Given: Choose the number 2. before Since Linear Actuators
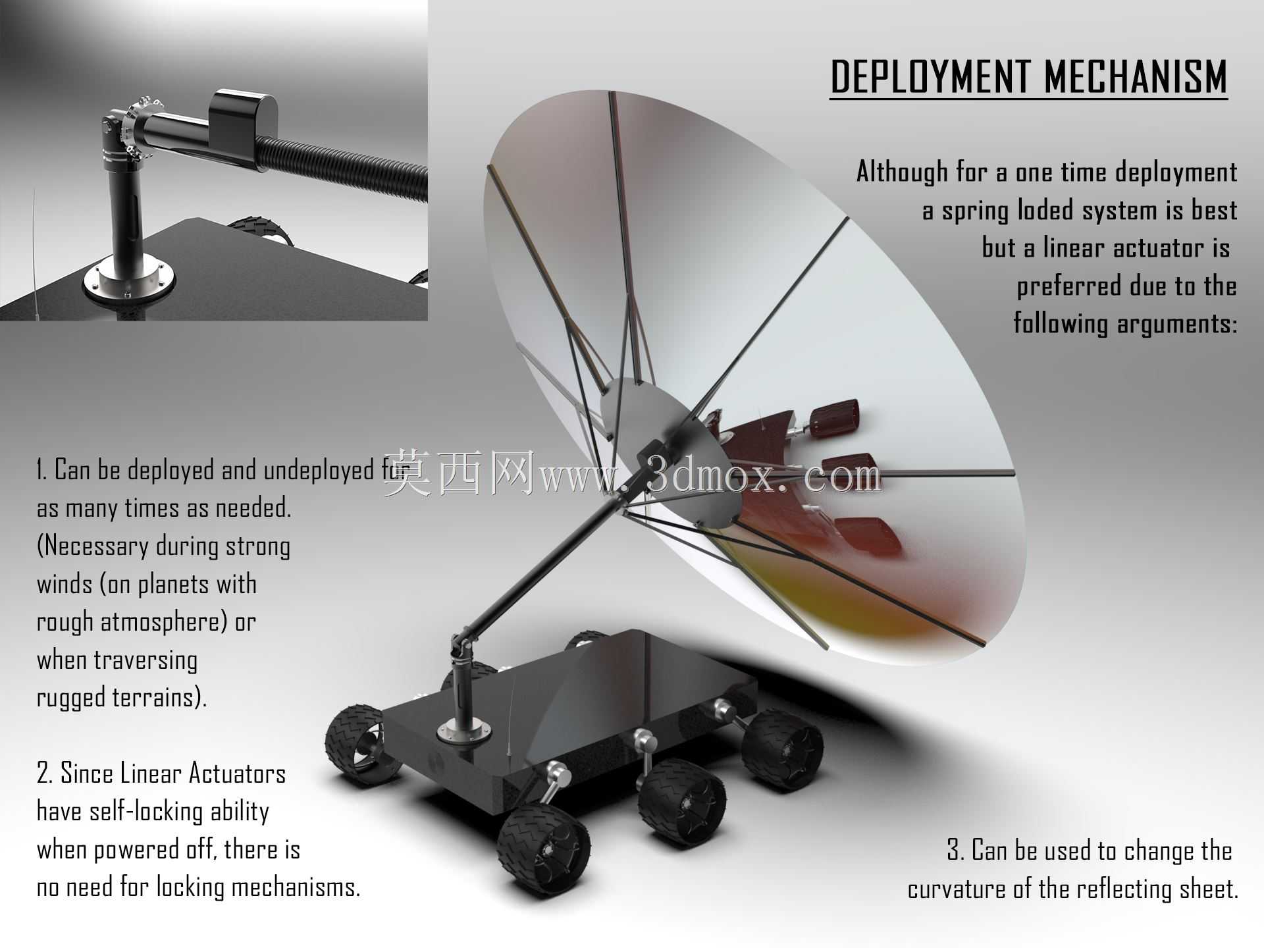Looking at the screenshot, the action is point(44,774).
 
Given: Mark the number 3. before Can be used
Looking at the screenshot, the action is point(955,850).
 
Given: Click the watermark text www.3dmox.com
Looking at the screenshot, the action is point(710,475).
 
